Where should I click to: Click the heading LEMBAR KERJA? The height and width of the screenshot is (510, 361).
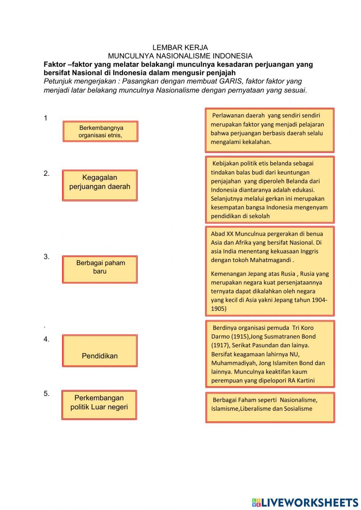(x=180, y=47)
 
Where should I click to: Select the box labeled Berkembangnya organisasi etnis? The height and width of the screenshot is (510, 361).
(x=100, y=131)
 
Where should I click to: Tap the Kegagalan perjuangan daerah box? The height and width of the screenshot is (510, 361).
(x=100, y=185)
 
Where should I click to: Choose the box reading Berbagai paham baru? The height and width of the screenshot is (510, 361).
(x=100, y=269)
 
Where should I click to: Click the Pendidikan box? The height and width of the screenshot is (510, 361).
(x=100, y=351)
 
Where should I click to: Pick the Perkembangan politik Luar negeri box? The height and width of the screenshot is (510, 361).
(x=99, y=405)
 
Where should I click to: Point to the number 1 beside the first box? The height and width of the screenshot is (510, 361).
(x=45, y=118)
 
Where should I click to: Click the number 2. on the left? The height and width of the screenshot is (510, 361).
(x=47, y=173)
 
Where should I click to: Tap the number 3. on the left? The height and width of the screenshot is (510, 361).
(x=47, y=257)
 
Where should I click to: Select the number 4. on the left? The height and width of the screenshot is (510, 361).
(x=47, y=339)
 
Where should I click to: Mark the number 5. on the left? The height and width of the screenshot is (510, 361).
(x=47, y=393)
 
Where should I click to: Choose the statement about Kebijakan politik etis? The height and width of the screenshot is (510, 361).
(x=270, y=189)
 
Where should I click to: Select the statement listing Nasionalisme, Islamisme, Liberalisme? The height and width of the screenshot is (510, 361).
(x=270, y=407)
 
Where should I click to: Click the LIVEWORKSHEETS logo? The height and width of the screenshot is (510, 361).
(x=305, y=502)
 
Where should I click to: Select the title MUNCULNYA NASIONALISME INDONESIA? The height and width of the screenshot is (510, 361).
(x=180, y=56)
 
